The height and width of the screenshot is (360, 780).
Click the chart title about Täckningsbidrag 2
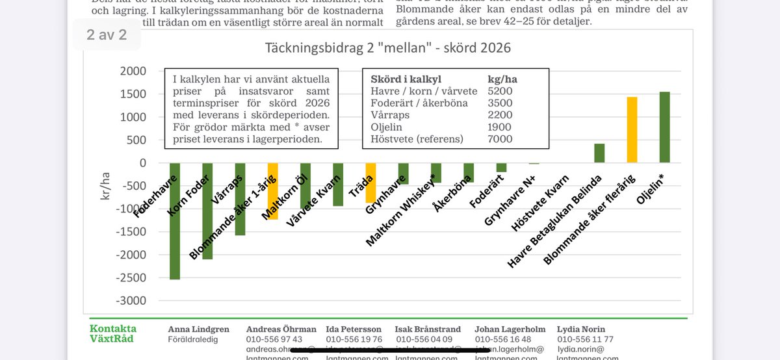tap(387, 48)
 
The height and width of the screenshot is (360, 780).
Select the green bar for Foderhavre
tap(175, 221)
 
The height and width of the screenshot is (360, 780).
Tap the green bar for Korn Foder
tap(207, 211)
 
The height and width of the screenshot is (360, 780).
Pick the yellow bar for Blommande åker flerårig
tap(632, 130)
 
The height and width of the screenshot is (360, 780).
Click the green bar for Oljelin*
tap(664, 127)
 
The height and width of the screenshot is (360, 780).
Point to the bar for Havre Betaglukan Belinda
tap(599, 153)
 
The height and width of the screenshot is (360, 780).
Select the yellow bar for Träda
tap(370, 183)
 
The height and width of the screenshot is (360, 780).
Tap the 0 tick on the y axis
tap(142, 163)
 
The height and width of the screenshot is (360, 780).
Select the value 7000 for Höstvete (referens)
tap(500, 139)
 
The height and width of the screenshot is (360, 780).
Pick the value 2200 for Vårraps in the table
tap(500, 115)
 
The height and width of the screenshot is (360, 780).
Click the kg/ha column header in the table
tap(502, 79)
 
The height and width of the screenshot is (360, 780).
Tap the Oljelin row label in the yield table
tap(388, 127)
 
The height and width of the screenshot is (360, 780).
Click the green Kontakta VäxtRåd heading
tap(113, 333)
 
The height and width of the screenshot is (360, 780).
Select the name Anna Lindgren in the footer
tap(199, 329)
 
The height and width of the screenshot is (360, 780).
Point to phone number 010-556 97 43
tap(274, 339)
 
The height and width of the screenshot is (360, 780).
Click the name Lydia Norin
tap(581, 329)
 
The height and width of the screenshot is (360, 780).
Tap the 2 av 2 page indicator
tap(107, 34)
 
